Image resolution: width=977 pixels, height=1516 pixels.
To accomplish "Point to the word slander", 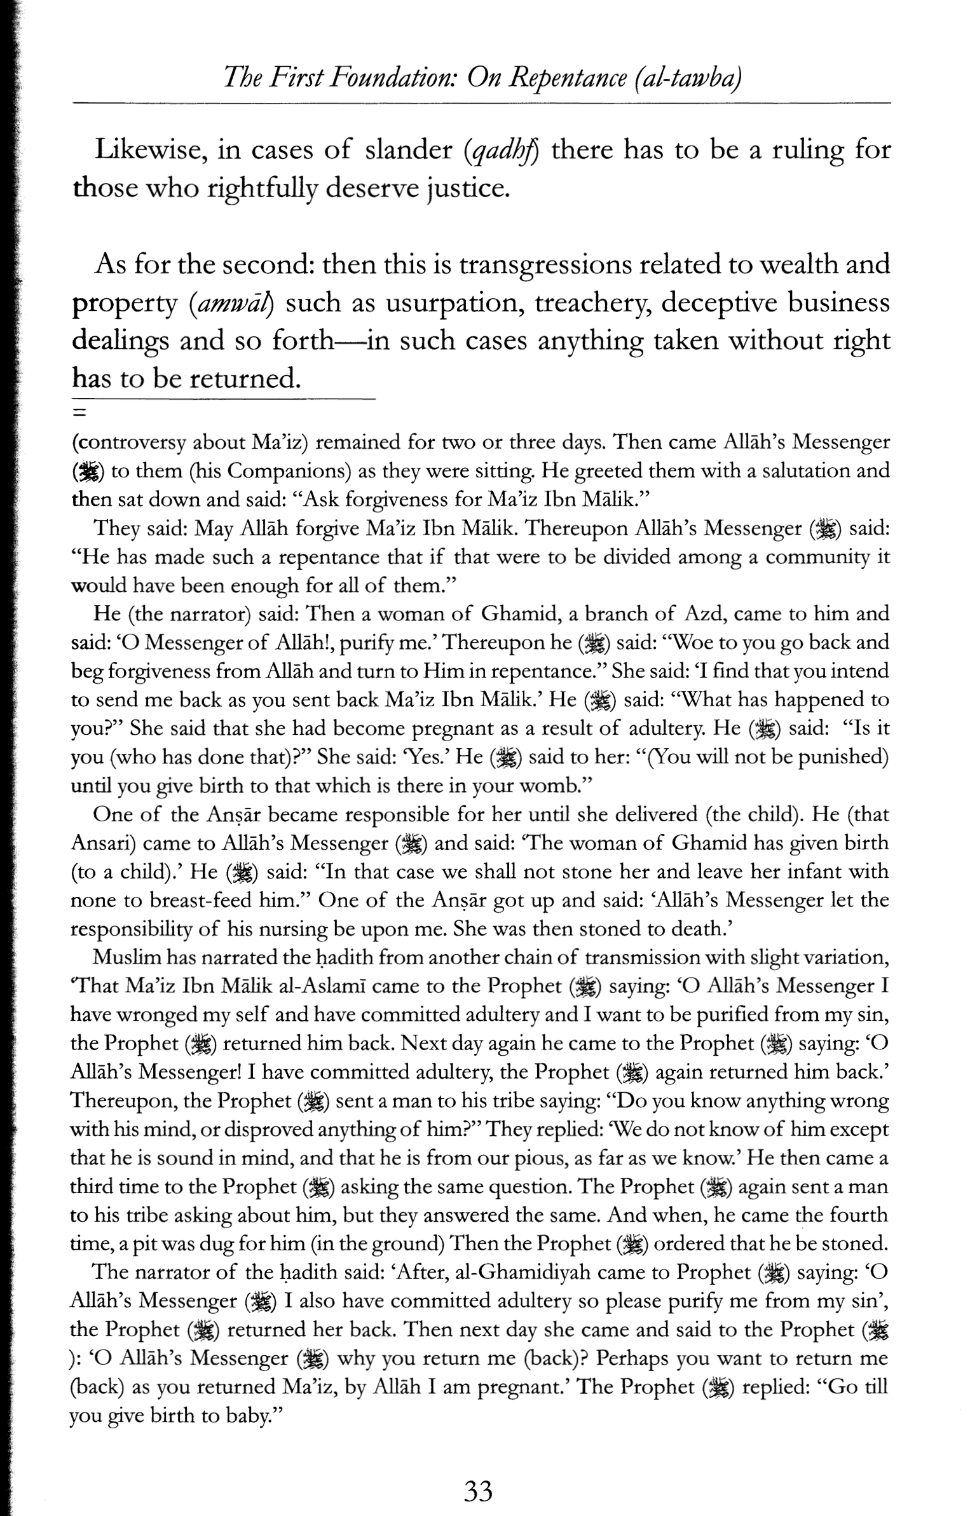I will [408, 151].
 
